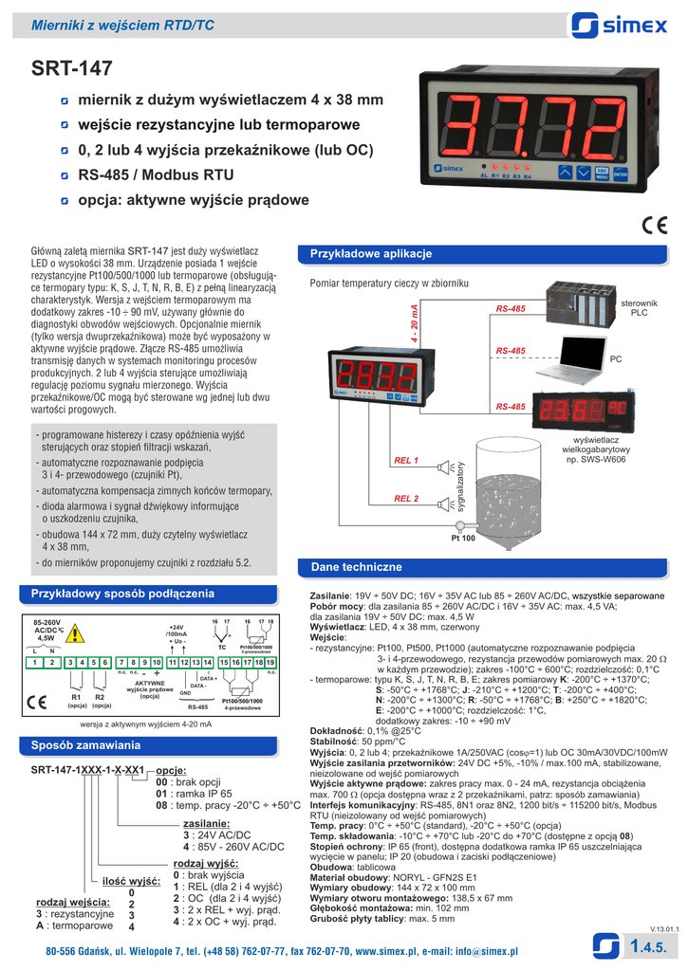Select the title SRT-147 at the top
[72, 68]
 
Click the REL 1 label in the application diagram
[406, 460]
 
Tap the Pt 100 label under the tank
[463, 538]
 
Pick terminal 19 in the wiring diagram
[271, 662]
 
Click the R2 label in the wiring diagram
[100, 697]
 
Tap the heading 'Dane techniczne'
[351, 567]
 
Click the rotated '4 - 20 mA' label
[414, 325]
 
